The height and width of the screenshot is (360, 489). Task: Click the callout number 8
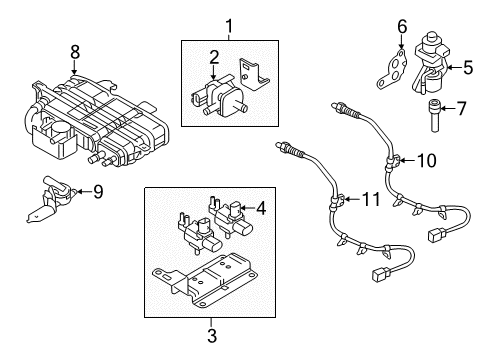click(75, 52)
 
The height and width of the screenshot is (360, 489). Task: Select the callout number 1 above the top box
click(229, 27)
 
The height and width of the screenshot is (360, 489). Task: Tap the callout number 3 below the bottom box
click(212, 335)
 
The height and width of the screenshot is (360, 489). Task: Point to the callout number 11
click(370, 199)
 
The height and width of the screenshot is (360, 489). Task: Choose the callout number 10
click(426, 160)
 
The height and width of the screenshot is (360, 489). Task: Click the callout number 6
click(402, 27)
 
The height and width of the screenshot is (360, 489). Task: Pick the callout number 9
click(98, 192)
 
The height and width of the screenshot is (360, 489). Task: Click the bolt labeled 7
click(434, 115)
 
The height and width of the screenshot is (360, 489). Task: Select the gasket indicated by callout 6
click(393, 70)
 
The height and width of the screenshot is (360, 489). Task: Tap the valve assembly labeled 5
click(430, 63)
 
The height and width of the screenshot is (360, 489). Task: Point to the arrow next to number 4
click(247, 208)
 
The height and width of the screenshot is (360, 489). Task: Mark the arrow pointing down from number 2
click(214, 72)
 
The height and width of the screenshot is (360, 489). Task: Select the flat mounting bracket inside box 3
click(205, 280)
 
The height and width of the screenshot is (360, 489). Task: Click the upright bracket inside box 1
click(254, 74)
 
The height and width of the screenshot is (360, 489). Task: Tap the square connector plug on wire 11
click(379, 273)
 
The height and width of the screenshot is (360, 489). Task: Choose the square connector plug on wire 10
click(436, 234)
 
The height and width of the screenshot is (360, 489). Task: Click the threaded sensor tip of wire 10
click(343, 109)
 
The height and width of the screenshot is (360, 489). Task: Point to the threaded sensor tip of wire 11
click(288, 148)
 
